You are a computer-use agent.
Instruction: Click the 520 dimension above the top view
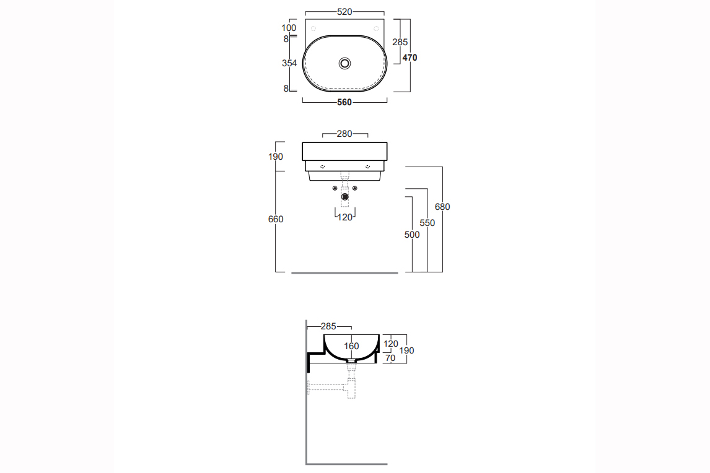click(344, 12)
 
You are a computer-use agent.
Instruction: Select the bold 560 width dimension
click(344, 102)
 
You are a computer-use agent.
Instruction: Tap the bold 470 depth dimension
click(410, 58)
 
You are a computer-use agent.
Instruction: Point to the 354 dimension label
click(289, 63)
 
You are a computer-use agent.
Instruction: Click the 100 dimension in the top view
click(289, 28)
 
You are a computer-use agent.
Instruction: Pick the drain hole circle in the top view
click(344, 63)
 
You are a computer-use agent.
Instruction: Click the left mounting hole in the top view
click(313, 28)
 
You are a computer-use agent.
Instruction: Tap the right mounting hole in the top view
click(376, 28)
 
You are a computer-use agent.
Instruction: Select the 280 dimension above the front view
click(344, 134)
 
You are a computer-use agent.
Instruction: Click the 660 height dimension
click(276, 219)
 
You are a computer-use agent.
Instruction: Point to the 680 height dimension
click(442, 207)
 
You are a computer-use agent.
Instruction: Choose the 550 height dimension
click(427, 223)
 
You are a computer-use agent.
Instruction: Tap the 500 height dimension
click(412, 235)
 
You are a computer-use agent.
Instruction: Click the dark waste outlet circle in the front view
click(345, 197)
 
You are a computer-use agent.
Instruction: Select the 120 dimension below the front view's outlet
click(345, 217)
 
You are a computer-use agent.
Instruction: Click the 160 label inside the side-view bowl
click(351, 346)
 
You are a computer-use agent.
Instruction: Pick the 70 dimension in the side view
click(390, 358)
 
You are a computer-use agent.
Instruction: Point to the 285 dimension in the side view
click(328, 326)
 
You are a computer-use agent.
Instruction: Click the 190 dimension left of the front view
click(276, 157)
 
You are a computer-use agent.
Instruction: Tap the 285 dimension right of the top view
click(400, 42)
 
